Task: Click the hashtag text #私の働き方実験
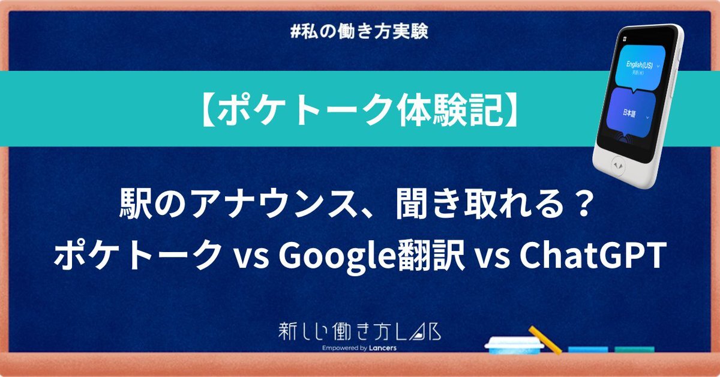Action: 359,32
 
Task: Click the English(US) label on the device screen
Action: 640,65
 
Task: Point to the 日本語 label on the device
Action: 629,113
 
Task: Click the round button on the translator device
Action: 618,166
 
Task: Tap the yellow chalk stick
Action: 545,340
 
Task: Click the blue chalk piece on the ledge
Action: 588,350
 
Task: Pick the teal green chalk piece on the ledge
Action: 635,350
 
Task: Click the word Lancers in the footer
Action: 383,348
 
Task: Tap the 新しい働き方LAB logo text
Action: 359,331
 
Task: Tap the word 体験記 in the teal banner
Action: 448,110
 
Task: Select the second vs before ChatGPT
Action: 492,259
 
